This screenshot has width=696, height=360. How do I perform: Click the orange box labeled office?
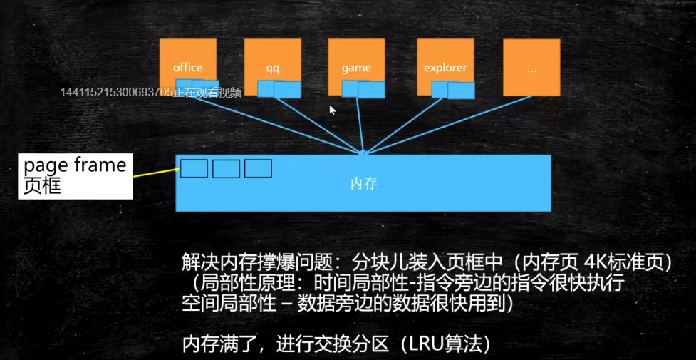click(187, 61)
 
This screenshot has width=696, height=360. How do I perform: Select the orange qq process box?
click(272, 61)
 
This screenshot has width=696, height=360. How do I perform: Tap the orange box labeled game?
click(356, 61)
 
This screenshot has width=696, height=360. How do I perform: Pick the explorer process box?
click(445, 61)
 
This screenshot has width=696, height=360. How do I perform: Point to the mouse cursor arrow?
click(331, 109)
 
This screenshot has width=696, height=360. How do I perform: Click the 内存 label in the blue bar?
click(363, 184)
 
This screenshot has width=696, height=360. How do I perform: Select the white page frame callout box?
click(75, 176)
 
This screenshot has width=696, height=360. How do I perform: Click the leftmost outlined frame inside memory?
click(194, 169)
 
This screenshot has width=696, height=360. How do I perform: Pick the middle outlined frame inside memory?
click(226, 169)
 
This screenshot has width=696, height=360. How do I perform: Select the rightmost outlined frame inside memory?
click(258, 169)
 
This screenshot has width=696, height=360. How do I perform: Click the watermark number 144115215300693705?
click(117, 92)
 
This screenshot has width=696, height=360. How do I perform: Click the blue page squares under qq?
click(280, 88)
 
